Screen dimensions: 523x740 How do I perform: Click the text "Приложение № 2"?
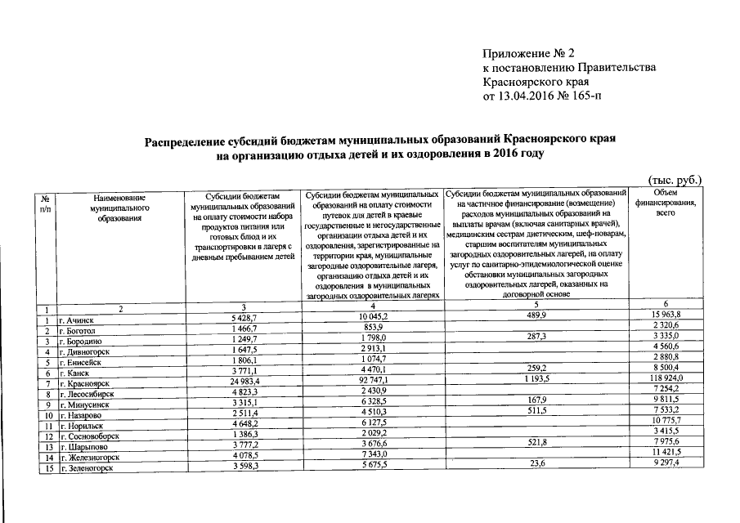coord(527,54)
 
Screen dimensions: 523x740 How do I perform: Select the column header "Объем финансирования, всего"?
coord(666,203)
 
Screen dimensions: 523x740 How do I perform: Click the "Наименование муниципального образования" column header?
coord(119,208)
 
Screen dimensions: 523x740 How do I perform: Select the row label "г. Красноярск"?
coord(84,383)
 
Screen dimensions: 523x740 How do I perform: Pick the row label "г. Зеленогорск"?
coord(87,468)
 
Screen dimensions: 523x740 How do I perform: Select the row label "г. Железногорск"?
coord(90,458)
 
